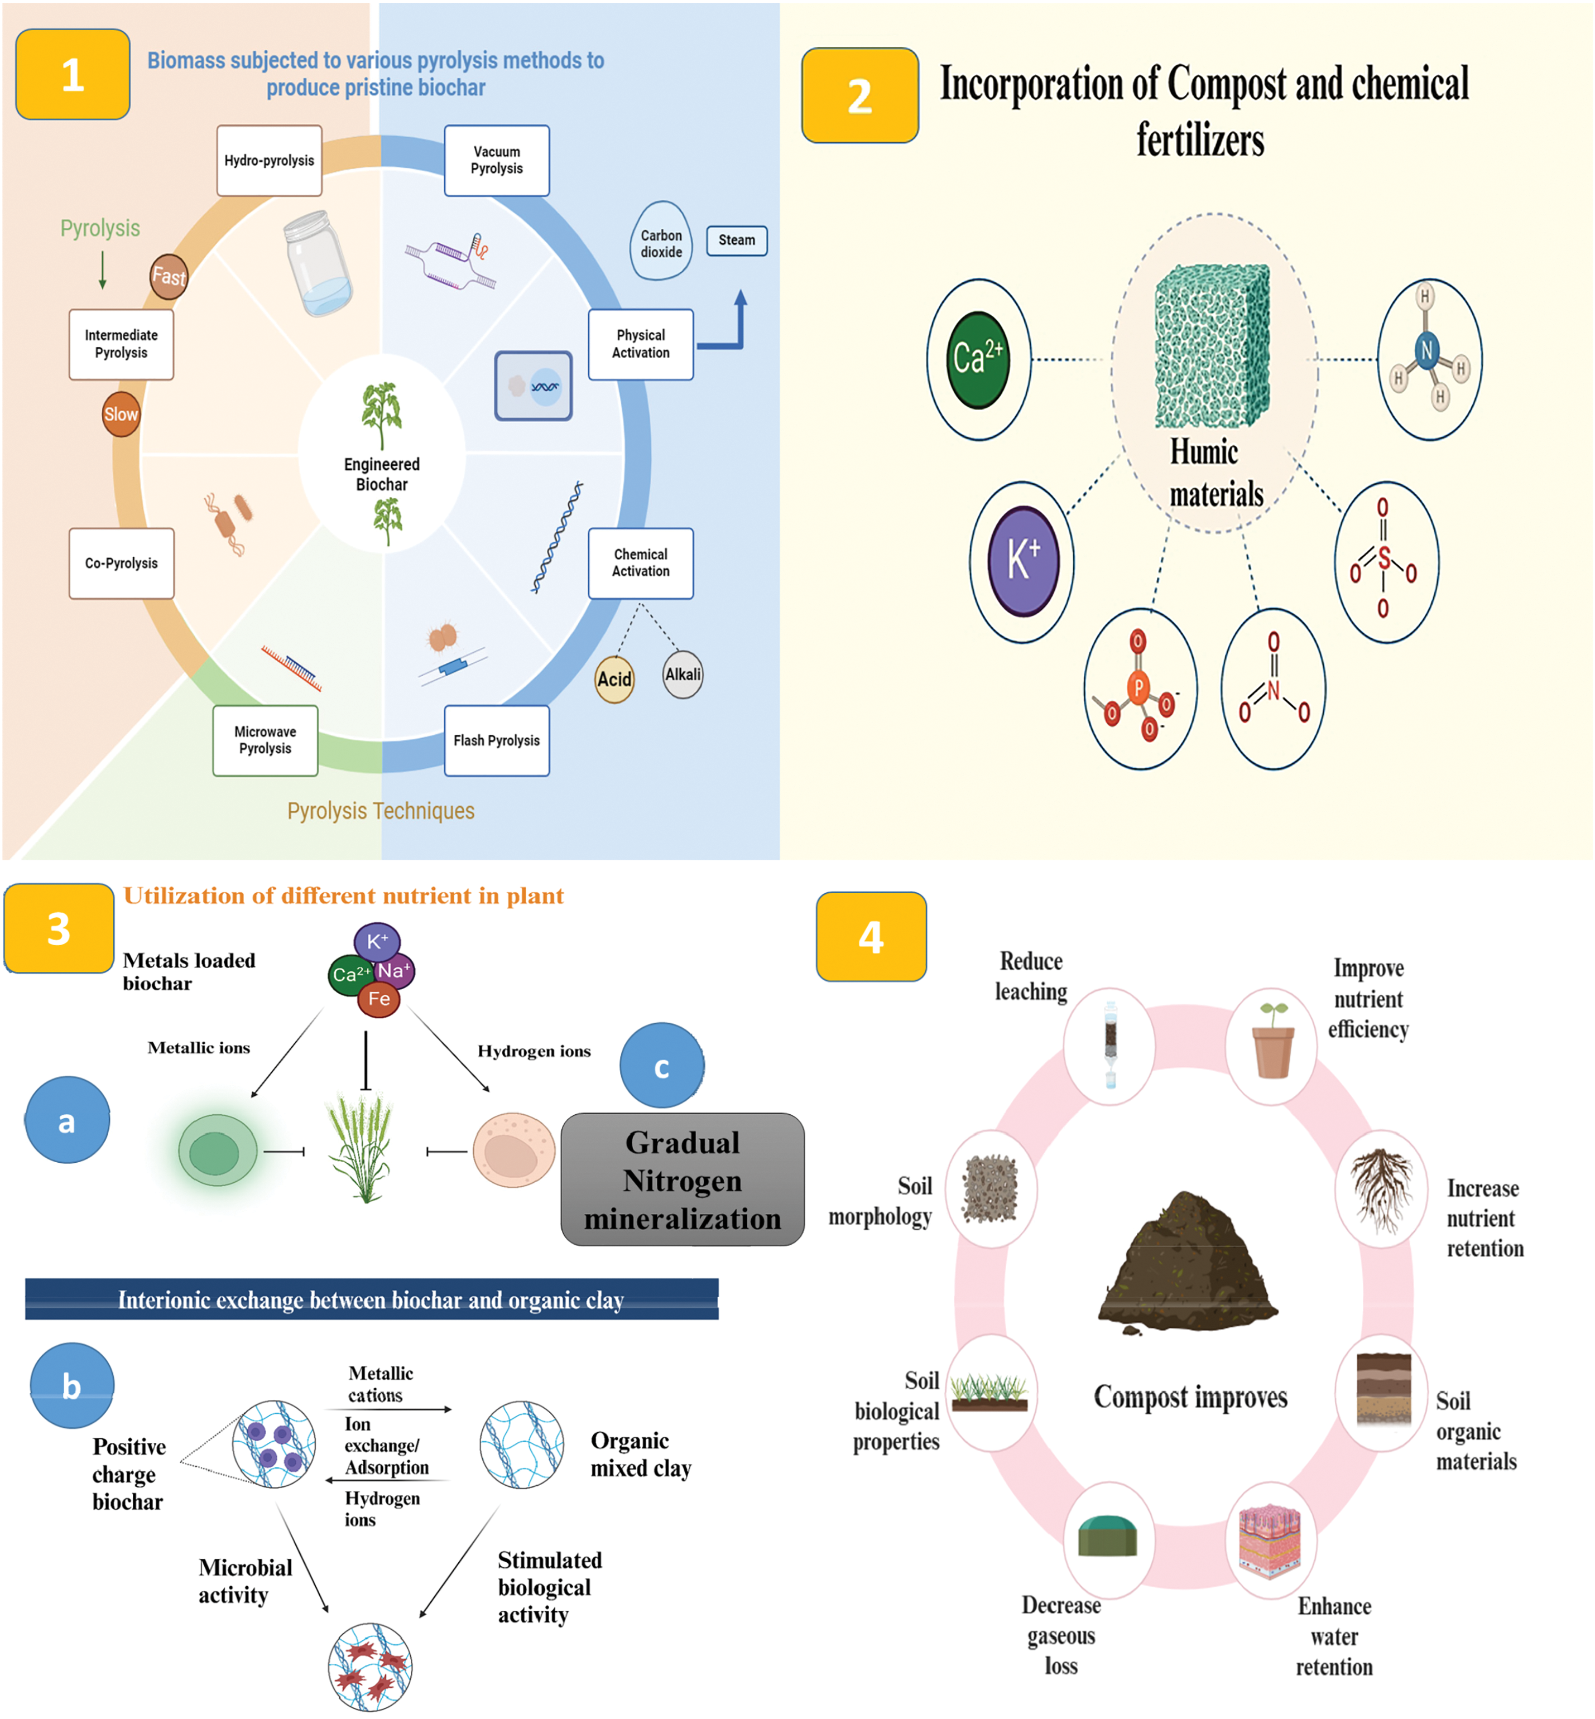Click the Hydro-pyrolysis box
click(270, 161)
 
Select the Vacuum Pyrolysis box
click(497, 161)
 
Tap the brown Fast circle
click(169, 276)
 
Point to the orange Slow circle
click(121, 414)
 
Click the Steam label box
click(737, 240)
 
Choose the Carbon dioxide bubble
click(661, 241)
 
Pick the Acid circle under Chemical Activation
click(614, 678)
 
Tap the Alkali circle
click(683, 674)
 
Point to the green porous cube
click(1213, 345)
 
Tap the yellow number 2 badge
click(859, 95)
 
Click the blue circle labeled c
click(662, 1066)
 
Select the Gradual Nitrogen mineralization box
click(683, 1179)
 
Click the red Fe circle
click(379, 999)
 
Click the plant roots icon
click(1383, 1189)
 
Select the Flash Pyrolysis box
click(497, 740)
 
